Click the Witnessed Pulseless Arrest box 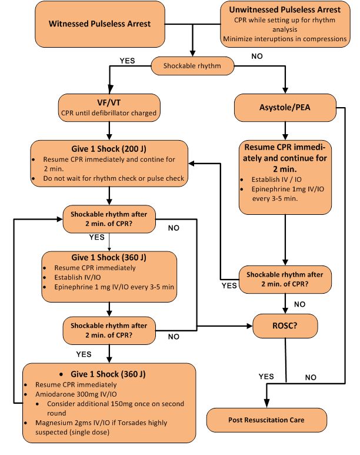pyautogui.click(x=99, y=24)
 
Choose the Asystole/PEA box pyautogui.click(x=285, y=108)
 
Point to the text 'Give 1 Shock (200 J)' pyautogui.click(x=110, y=149)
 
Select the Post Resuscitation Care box pyautogui.click(x=266, y=420)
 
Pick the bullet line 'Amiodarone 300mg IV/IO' pyautogui.click(x=85, y=394)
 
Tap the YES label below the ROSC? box pyautogui.click(x=266, y=375)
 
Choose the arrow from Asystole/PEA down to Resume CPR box pyautogui.click(x=285, y=128)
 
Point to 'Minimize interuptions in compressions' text pyautogui.click(x=284, y=39)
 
